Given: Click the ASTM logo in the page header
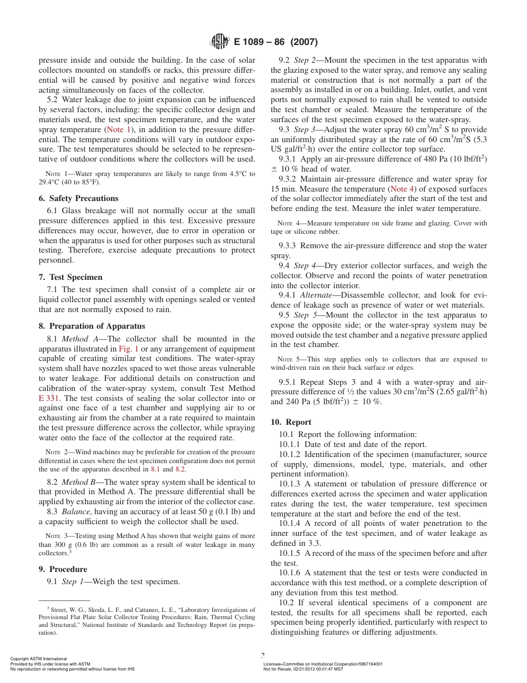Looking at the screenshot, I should pos(220,42).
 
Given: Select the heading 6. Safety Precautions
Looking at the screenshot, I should pos(78,198).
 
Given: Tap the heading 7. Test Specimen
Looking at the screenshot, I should pos(70,277).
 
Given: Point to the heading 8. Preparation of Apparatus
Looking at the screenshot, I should pos(92,326).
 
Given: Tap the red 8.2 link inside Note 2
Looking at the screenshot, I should pos(181,469).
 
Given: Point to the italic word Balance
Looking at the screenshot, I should pos(76,511).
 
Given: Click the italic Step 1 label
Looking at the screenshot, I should pos(73,581).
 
